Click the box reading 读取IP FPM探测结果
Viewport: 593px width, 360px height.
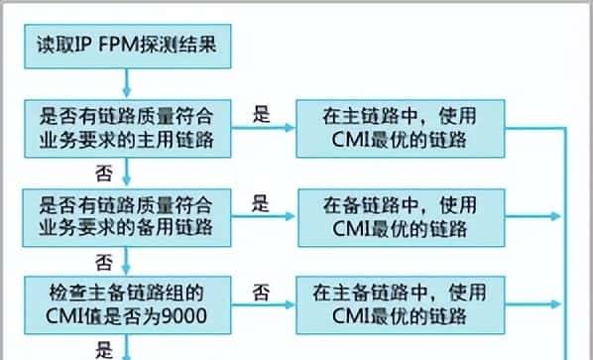point(126,44)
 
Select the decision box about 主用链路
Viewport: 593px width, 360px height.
point(126,129)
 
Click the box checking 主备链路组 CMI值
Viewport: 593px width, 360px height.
point(126,304)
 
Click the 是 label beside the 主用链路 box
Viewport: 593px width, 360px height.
point(261,115)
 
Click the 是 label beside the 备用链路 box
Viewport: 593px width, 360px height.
point(261,205)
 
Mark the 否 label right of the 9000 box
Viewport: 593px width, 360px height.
point(261,293)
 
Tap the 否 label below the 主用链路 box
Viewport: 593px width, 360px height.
point(101,173)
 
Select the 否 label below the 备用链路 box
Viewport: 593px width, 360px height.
point(101,262)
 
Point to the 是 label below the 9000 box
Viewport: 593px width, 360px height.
point(102,349)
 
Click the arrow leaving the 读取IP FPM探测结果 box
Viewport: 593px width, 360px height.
point(126,78)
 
